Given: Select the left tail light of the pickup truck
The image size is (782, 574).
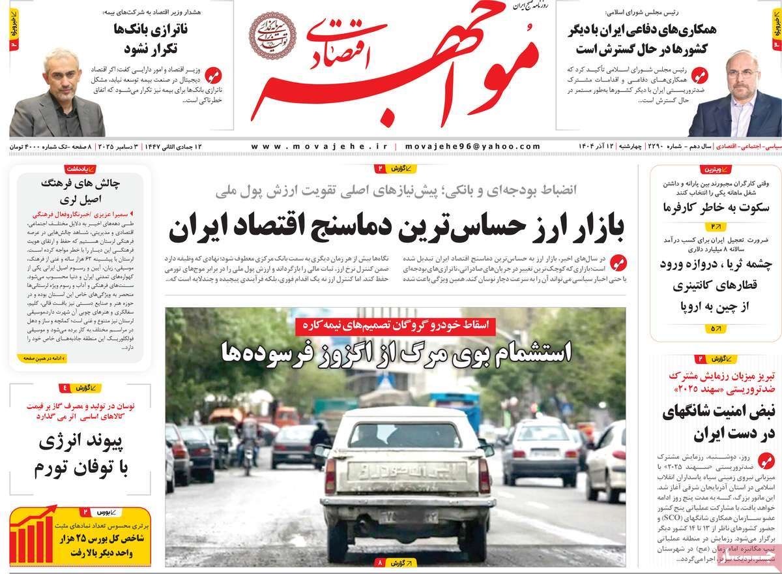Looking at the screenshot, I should pos(330,476).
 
